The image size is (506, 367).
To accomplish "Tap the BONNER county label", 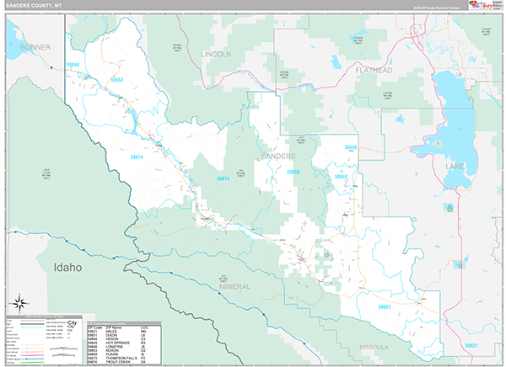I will (36, 47).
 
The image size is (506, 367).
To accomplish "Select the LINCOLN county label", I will (216, 53).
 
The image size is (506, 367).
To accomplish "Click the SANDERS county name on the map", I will (277, 157).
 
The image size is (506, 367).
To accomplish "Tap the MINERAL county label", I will (235, 287).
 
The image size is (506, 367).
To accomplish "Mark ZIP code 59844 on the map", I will (74, 65).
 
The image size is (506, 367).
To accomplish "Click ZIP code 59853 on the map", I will (117, 80).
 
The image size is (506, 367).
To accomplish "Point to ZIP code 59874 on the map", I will (137, 157).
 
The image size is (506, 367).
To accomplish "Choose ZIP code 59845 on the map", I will (351, 147).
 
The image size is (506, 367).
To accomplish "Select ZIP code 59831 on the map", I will (384, 307).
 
